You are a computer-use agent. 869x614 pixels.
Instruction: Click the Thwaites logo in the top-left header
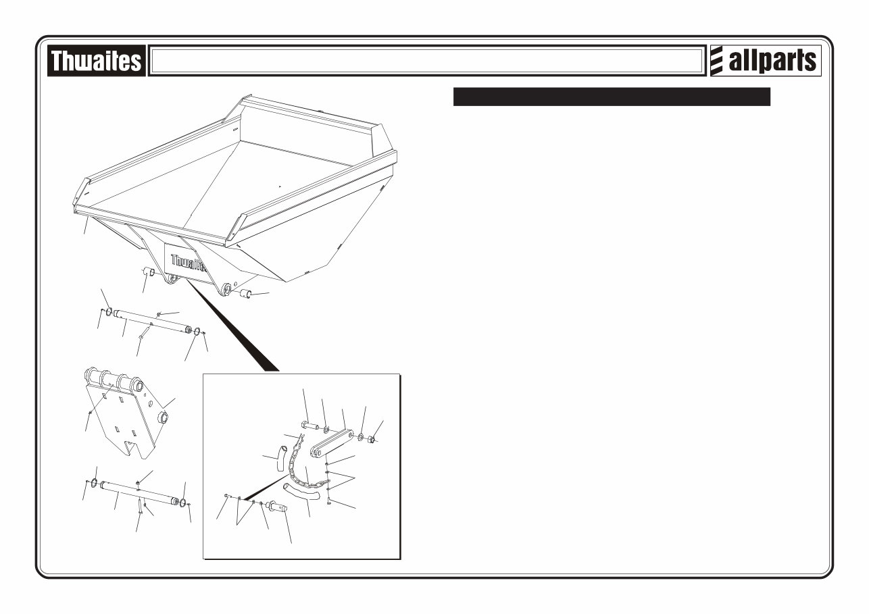pyautogui.click(x=96, y=61)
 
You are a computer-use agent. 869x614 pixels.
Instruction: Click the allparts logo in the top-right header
pyautogui.click(x=765, y=61)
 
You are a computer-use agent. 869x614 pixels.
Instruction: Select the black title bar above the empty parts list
pyautogui.click(x=612, y=97)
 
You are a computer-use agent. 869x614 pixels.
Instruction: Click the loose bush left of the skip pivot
pyautogui.click(x=149, y=272)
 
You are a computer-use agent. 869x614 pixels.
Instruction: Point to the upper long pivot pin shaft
pyautogui.click(x=152, y=321)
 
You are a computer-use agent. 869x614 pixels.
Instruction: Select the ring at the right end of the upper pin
pyautogui.click(x=197, y=332)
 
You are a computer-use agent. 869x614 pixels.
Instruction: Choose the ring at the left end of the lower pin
pyautogui.click(x=95, y=482)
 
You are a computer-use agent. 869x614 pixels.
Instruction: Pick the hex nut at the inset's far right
pyautogui.click(x=371, y=440)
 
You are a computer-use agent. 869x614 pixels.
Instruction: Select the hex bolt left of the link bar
pyautogui.click(x=309, y=426)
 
